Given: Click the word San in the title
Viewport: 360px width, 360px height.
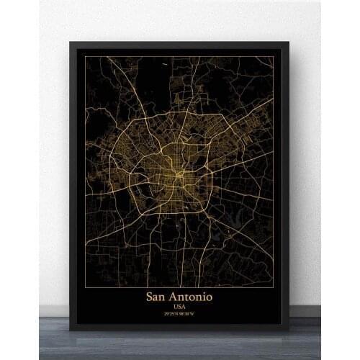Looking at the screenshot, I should [x=160, y=296].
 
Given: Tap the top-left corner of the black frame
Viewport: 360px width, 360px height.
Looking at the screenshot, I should [x=71, y=42].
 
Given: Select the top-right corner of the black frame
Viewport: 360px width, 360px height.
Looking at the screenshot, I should [x=289, y=42].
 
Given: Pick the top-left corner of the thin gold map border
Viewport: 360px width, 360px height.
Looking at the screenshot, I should [x=86, y=56].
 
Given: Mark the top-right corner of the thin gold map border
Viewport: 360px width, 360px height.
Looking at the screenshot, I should [x=274, y=56].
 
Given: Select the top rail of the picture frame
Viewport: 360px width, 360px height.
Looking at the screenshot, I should [x=180, y=45].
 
